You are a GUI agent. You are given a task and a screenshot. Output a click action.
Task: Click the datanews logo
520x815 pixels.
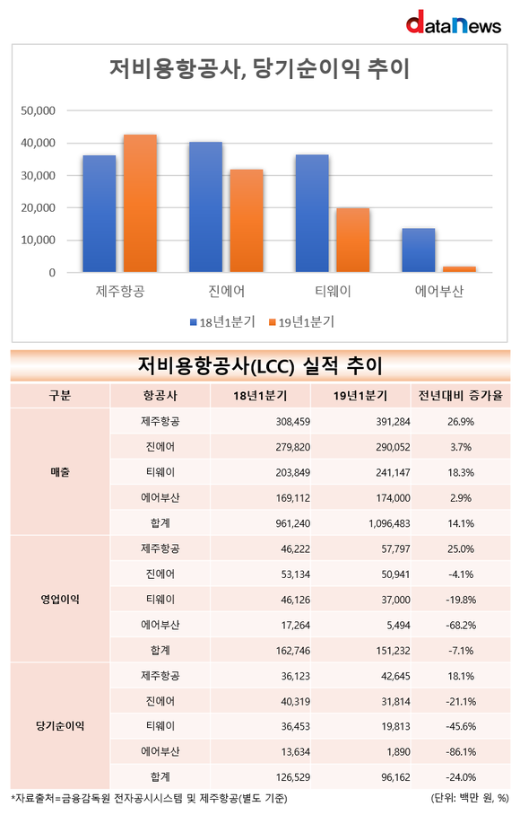point(453,22)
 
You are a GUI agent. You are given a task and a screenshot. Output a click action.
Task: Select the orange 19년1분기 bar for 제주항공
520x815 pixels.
point(140,203)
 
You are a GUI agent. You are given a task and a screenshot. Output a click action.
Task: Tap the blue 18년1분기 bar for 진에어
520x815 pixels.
point(205,206)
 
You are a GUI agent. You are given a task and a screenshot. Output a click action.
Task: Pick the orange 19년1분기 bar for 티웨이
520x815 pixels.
point(353,241)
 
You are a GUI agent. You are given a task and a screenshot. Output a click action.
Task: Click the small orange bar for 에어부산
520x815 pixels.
point(459,269)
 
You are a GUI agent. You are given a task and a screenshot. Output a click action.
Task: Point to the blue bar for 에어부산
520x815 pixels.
point(419,250)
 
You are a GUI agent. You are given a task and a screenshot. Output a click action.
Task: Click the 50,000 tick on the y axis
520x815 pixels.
point(38,110)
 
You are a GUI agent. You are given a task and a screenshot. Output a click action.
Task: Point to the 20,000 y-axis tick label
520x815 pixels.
point(38,208)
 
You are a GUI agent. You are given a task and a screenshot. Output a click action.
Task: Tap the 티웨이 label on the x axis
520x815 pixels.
point(334,291)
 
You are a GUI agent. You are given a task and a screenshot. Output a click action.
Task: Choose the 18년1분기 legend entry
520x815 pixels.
point(222,322)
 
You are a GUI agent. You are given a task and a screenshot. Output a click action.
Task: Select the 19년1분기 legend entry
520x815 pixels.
point(301,322)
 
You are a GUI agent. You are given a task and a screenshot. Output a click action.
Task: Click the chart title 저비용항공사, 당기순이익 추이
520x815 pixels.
point(259,68)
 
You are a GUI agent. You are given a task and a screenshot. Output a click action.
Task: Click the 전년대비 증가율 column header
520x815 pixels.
point(461,396)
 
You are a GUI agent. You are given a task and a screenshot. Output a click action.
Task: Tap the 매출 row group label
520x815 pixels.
point(60,472)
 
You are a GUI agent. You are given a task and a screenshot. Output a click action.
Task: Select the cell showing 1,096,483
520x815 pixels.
point(389,523)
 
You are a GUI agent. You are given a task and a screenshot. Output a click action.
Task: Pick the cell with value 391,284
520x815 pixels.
point(393,422)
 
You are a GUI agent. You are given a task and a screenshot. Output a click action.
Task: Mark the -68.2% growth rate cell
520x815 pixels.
point(461,626)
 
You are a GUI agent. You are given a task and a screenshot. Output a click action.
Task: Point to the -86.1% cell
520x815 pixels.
point(461,752)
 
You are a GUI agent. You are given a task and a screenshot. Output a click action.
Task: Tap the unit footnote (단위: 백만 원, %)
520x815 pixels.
point(470,798)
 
